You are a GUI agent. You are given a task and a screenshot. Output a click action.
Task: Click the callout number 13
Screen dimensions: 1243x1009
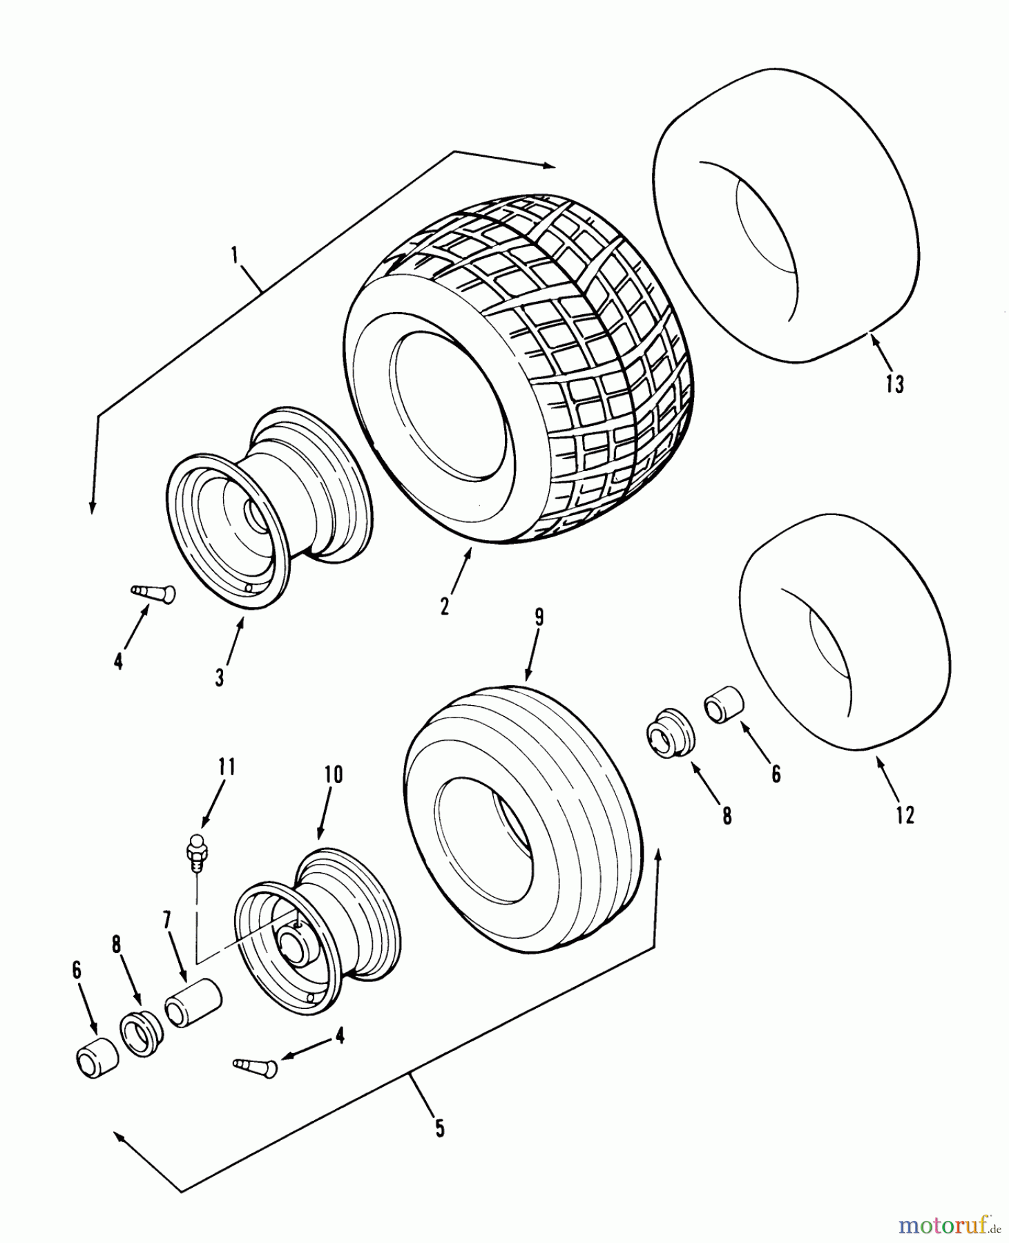[894, 383]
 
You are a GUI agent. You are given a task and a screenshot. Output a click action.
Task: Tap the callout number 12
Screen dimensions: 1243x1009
[905, 815]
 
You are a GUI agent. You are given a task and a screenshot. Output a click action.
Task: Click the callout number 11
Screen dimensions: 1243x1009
[227, 768]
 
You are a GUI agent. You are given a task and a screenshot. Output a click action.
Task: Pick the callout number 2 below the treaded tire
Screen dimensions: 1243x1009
[444, 606]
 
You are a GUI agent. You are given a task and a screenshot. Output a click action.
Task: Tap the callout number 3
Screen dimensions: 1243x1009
[220, 678]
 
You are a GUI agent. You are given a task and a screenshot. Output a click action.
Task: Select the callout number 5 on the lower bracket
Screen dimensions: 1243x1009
[440, 1128]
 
